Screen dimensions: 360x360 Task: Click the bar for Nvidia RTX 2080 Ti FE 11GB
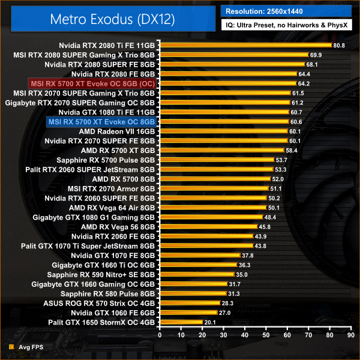[x=245, y=45]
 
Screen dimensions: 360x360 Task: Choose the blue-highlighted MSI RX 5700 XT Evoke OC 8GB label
[x=100, y=122]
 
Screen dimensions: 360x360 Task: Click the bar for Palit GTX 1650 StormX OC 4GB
[x=181, y=322]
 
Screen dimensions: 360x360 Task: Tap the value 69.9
[x=316, y=55]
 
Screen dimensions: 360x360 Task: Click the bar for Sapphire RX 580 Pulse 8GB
[x=193, y=293]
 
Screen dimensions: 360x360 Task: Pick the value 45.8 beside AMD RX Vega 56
[x=264, y=226]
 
